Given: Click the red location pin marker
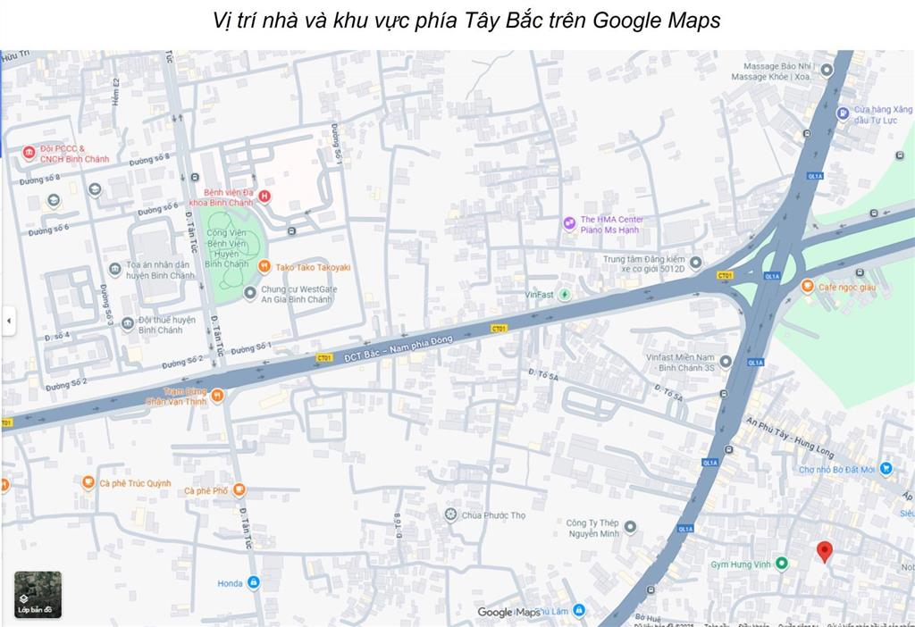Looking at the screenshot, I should [825, 550].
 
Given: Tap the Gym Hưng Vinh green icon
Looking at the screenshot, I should [782, 563].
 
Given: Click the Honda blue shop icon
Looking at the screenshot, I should [254, 582].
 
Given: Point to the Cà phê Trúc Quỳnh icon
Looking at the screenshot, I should [88, 482].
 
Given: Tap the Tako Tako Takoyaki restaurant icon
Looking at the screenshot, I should [264, 266].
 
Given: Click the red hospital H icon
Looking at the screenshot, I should [264, 196].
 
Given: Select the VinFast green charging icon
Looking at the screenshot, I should [565, 294].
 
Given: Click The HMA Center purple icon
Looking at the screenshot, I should [569, 223].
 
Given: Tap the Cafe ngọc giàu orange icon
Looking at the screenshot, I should [808, 286].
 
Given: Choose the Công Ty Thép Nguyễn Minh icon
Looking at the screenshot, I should [630, 527].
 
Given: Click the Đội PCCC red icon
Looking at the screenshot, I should [29, 153].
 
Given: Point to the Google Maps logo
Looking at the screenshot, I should [508, 612].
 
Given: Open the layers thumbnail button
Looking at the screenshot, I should [38, 595].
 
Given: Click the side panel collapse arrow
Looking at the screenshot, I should [8, 320].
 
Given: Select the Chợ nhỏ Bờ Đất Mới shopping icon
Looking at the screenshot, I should [886, 468].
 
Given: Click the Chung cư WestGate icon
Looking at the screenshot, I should [249, 293].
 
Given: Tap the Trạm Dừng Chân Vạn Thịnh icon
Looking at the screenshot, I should [217, 395].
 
